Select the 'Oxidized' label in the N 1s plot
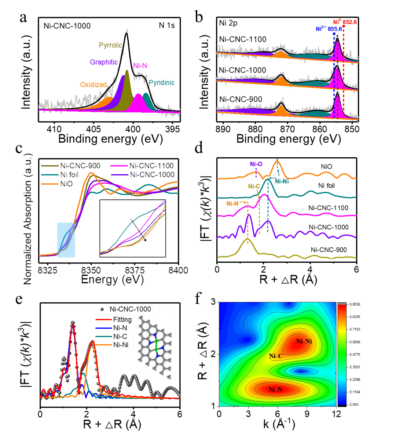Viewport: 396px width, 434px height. click(93, 85)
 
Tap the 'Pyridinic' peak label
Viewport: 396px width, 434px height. click(162, 83)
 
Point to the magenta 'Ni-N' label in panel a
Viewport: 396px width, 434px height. click(140, 66)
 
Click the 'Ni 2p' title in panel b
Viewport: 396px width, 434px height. click(228, 24)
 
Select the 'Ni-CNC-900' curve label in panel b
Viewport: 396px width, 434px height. click(241, 99)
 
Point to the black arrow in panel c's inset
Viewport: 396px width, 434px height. click(139, 230)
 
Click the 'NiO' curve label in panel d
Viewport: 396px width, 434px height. click(326, 167)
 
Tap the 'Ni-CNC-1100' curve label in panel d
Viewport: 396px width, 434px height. click(328, 208)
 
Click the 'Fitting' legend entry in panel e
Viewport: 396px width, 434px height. click(122, 319)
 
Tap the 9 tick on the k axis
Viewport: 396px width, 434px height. click(307, 413)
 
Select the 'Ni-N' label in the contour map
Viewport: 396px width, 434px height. click(275, 390)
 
